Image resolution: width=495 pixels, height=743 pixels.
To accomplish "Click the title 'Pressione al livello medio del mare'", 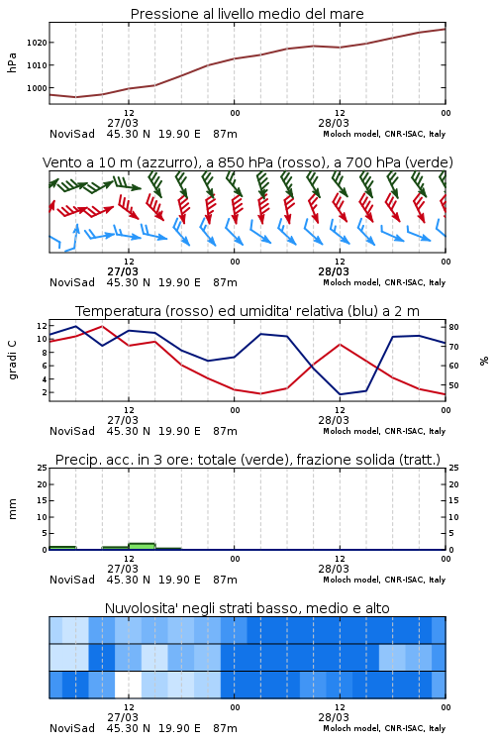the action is point(247,14).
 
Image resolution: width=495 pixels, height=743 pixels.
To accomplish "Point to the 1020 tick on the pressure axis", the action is point(37,43).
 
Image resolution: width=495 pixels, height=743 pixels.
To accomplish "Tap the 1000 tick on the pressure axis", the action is point(37,88).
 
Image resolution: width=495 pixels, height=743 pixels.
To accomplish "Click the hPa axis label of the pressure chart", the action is point(12,62).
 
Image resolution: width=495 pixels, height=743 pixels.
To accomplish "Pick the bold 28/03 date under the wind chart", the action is point(334,271).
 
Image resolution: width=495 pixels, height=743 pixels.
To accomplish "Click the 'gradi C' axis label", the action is point(13,360).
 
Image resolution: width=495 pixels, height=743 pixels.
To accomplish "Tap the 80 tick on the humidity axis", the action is point(453,327).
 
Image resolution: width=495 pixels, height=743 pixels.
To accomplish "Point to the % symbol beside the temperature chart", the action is point(484,361).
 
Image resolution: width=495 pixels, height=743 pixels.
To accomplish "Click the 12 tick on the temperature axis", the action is point(42,326).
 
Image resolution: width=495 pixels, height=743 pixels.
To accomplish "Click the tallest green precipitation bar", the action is point(142,546).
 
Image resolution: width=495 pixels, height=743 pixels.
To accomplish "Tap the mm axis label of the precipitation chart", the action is point(12,509).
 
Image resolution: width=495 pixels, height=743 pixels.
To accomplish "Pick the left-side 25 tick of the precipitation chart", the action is point(42,468).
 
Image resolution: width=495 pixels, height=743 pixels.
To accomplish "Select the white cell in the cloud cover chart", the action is point(129,685).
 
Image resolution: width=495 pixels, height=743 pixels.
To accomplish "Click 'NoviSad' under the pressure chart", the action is point(72,134).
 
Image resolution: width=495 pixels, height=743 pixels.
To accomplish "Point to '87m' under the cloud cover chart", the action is point(225,728).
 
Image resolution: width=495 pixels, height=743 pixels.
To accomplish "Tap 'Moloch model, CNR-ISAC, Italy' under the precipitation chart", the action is point(384,580).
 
